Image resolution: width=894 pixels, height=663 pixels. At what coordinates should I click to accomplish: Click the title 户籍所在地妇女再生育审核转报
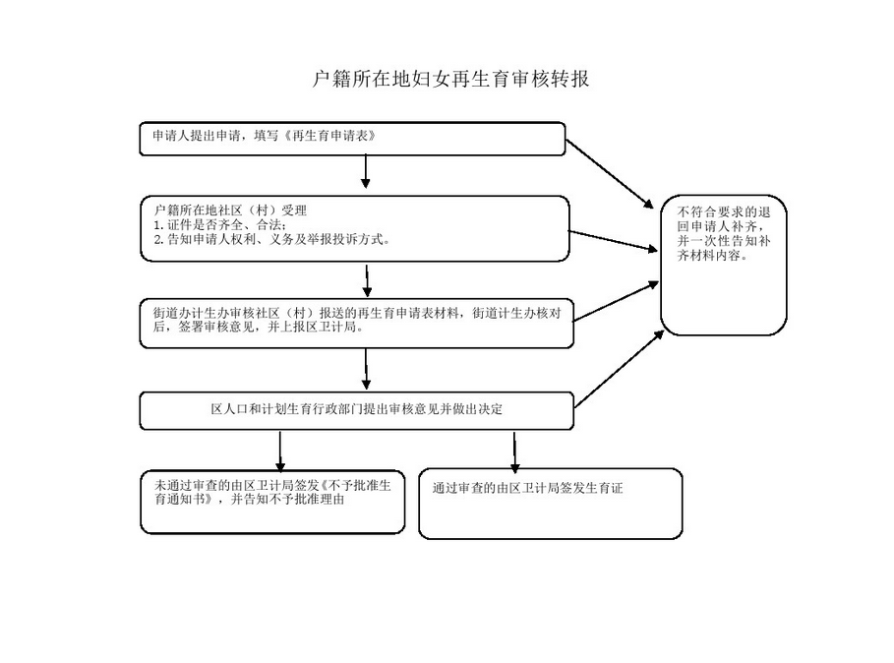tap(449, 79)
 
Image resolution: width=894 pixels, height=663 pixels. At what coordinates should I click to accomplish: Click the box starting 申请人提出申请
tap(352, 139)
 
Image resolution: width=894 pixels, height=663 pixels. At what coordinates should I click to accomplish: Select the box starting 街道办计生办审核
tap(356, 323)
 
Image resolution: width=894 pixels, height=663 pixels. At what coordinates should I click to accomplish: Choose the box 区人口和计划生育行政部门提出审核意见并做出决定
tap(356, 410)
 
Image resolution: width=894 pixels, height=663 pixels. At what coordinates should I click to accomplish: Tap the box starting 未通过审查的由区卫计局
tap(272, 502)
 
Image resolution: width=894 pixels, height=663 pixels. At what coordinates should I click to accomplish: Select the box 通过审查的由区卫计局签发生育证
tap(550, 504)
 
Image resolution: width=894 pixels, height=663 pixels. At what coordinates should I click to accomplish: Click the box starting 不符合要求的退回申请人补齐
tap(724, 266)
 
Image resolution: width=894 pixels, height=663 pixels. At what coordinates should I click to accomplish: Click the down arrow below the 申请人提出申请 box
tap(366, 171)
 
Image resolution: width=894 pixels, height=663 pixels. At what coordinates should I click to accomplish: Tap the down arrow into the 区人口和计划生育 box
tap(366, 369)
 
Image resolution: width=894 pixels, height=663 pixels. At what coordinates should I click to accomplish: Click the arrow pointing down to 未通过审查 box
tap(280, 451)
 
